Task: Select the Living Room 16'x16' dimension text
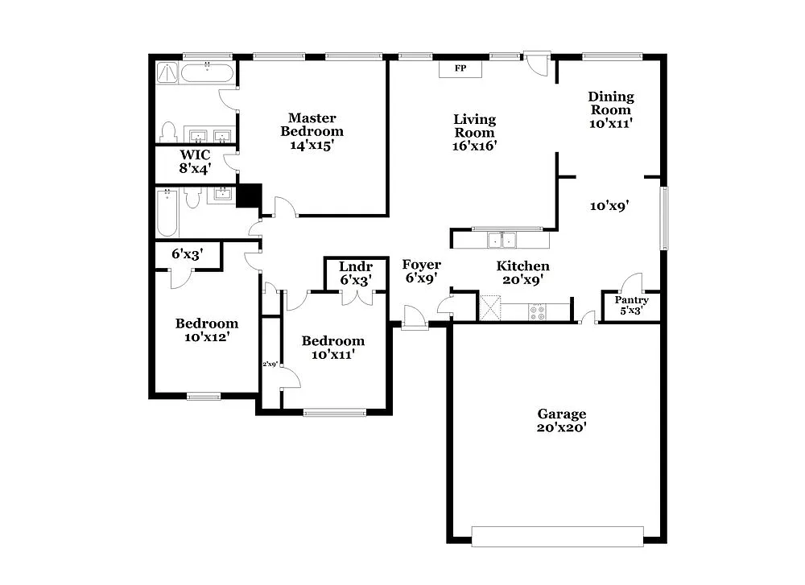474,146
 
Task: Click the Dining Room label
611,103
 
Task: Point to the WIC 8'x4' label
195,161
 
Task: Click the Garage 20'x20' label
562,421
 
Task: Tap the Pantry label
632,300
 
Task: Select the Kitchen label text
522,266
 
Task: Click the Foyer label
421,265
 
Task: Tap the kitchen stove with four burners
537,310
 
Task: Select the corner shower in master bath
167,74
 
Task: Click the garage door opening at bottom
557,536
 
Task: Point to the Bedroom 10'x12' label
207,330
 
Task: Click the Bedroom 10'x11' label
332,347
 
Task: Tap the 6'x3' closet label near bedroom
187,253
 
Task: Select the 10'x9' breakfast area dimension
609,206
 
